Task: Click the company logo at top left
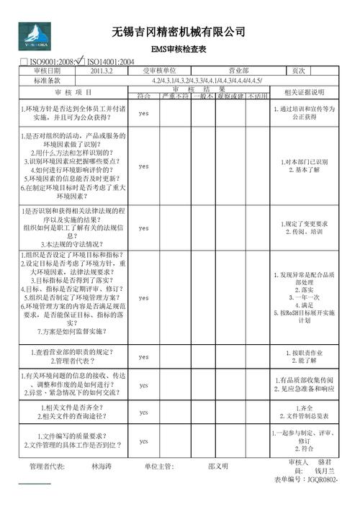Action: click(x=35, y=35)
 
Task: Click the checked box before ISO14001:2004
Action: click(x=80, y=61)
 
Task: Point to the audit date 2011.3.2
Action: click(x=102, y=71)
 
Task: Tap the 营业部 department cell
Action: click(x=238, y=71)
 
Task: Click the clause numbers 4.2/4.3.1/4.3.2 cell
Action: click(x=207, y=81)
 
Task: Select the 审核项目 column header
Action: click(x=73, y=92)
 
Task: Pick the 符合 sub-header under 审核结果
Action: click(x=143, y=96)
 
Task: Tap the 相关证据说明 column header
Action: click(x=305, y=92)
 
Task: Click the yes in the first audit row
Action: click(x=143, y=114)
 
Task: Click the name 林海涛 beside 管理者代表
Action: click(x=102, y=466)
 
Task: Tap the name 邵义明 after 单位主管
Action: click(x=218, y=466)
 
